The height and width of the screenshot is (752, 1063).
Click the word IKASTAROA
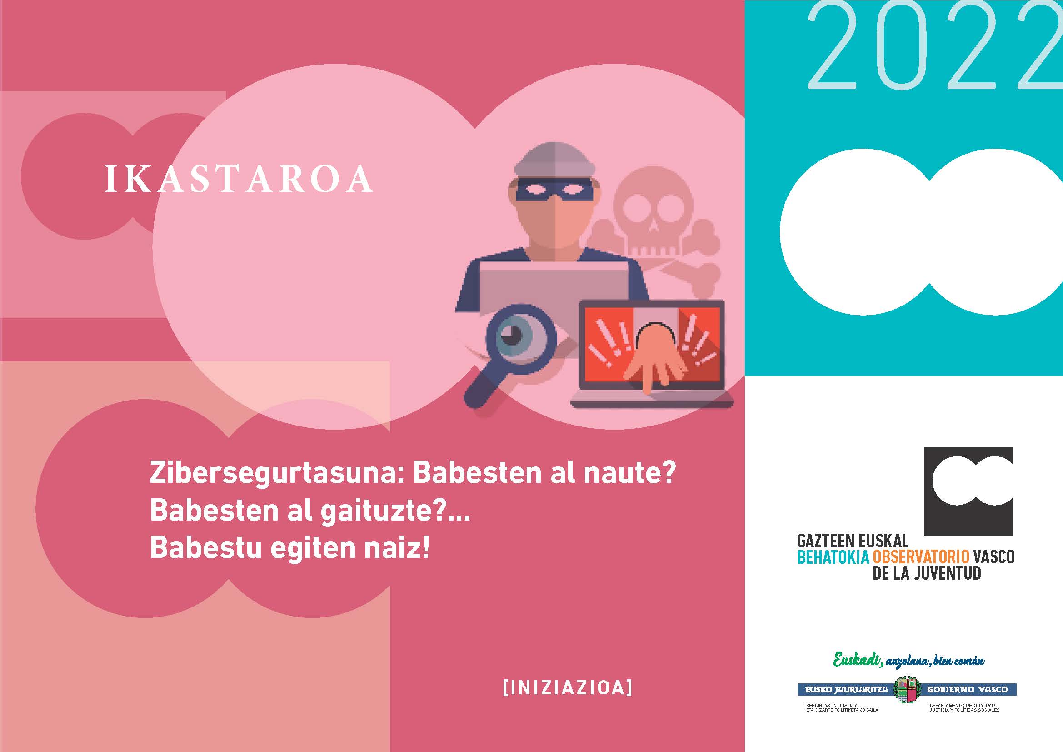[239, 178]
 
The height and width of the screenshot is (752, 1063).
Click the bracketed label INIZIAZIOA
[567, 687]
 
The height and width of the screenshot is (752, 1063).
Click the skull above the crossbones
[652, 213]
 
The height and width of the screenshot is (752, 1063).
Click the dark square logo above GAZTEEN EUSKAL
[968, 491]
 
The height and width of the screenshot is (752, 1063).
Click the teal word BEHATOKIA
[833, 556]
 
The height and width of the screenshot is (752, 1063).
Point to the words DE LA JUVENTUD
[926, 573]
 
